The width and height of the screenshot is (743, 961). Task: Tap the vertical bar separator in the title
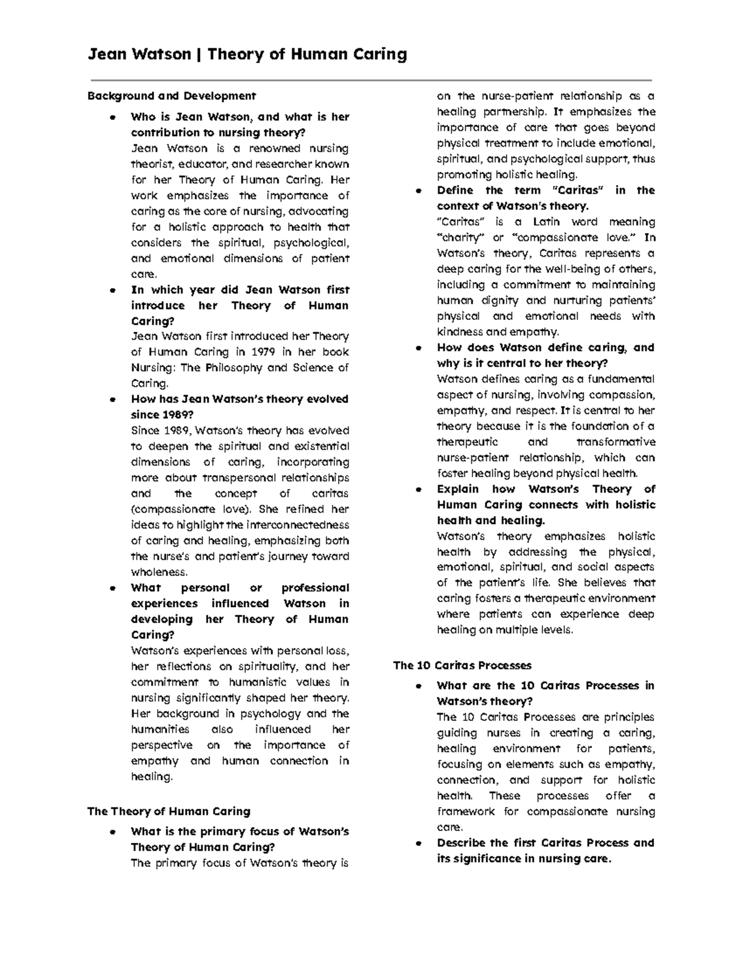(x=199, y=54)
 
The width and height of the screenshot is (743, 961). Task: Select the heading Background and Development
(x=172, y=96)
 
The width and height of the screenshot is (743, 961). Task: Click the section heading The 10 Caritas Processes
(x=463, y=666)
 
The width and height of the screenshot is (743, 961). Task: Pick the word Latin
(x=547, y=222)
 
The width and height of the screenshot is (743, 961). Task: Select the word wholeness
(x=159, y=572)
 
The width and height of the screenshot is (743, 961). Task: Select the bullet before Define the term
(x=419, y=191)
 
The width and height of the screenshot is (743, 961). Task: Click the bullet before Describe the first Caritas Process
(x=419, y=843)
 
